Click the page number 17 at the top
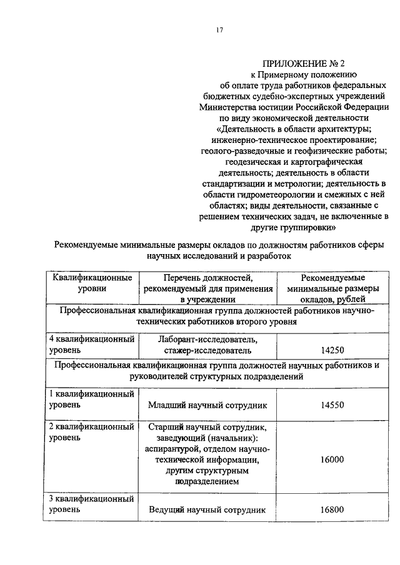click(x=219, y=30)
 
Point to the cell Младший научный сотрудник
click(x=207, y=405)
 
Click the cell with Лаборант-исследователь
click(x=207, y=345)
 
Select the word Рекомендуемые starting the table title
click(x=94, y=244)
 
